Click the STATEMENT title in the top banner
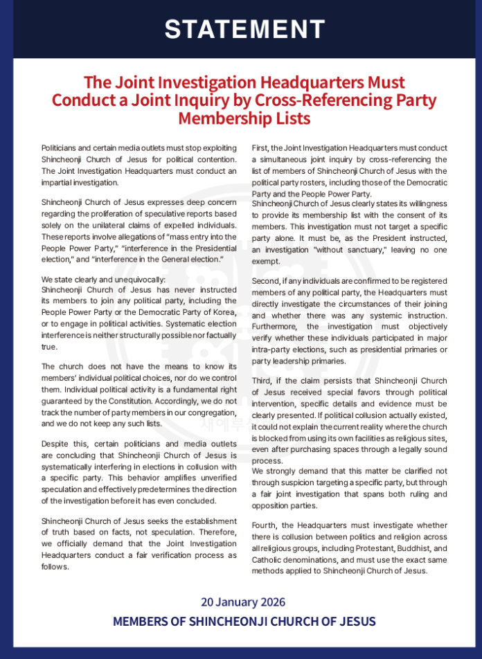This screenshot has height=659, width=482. point(244,29)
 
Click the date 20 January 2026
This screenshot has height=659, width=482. point(243,602)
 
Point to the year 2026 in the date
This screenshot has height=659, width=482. point(271,602)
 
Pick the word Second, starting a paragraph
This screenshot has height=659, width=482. point(268,280)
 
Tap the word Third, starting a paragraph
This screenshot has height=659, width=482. point(264,381)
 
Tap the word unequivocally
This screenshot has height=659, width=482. point(136,279)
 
